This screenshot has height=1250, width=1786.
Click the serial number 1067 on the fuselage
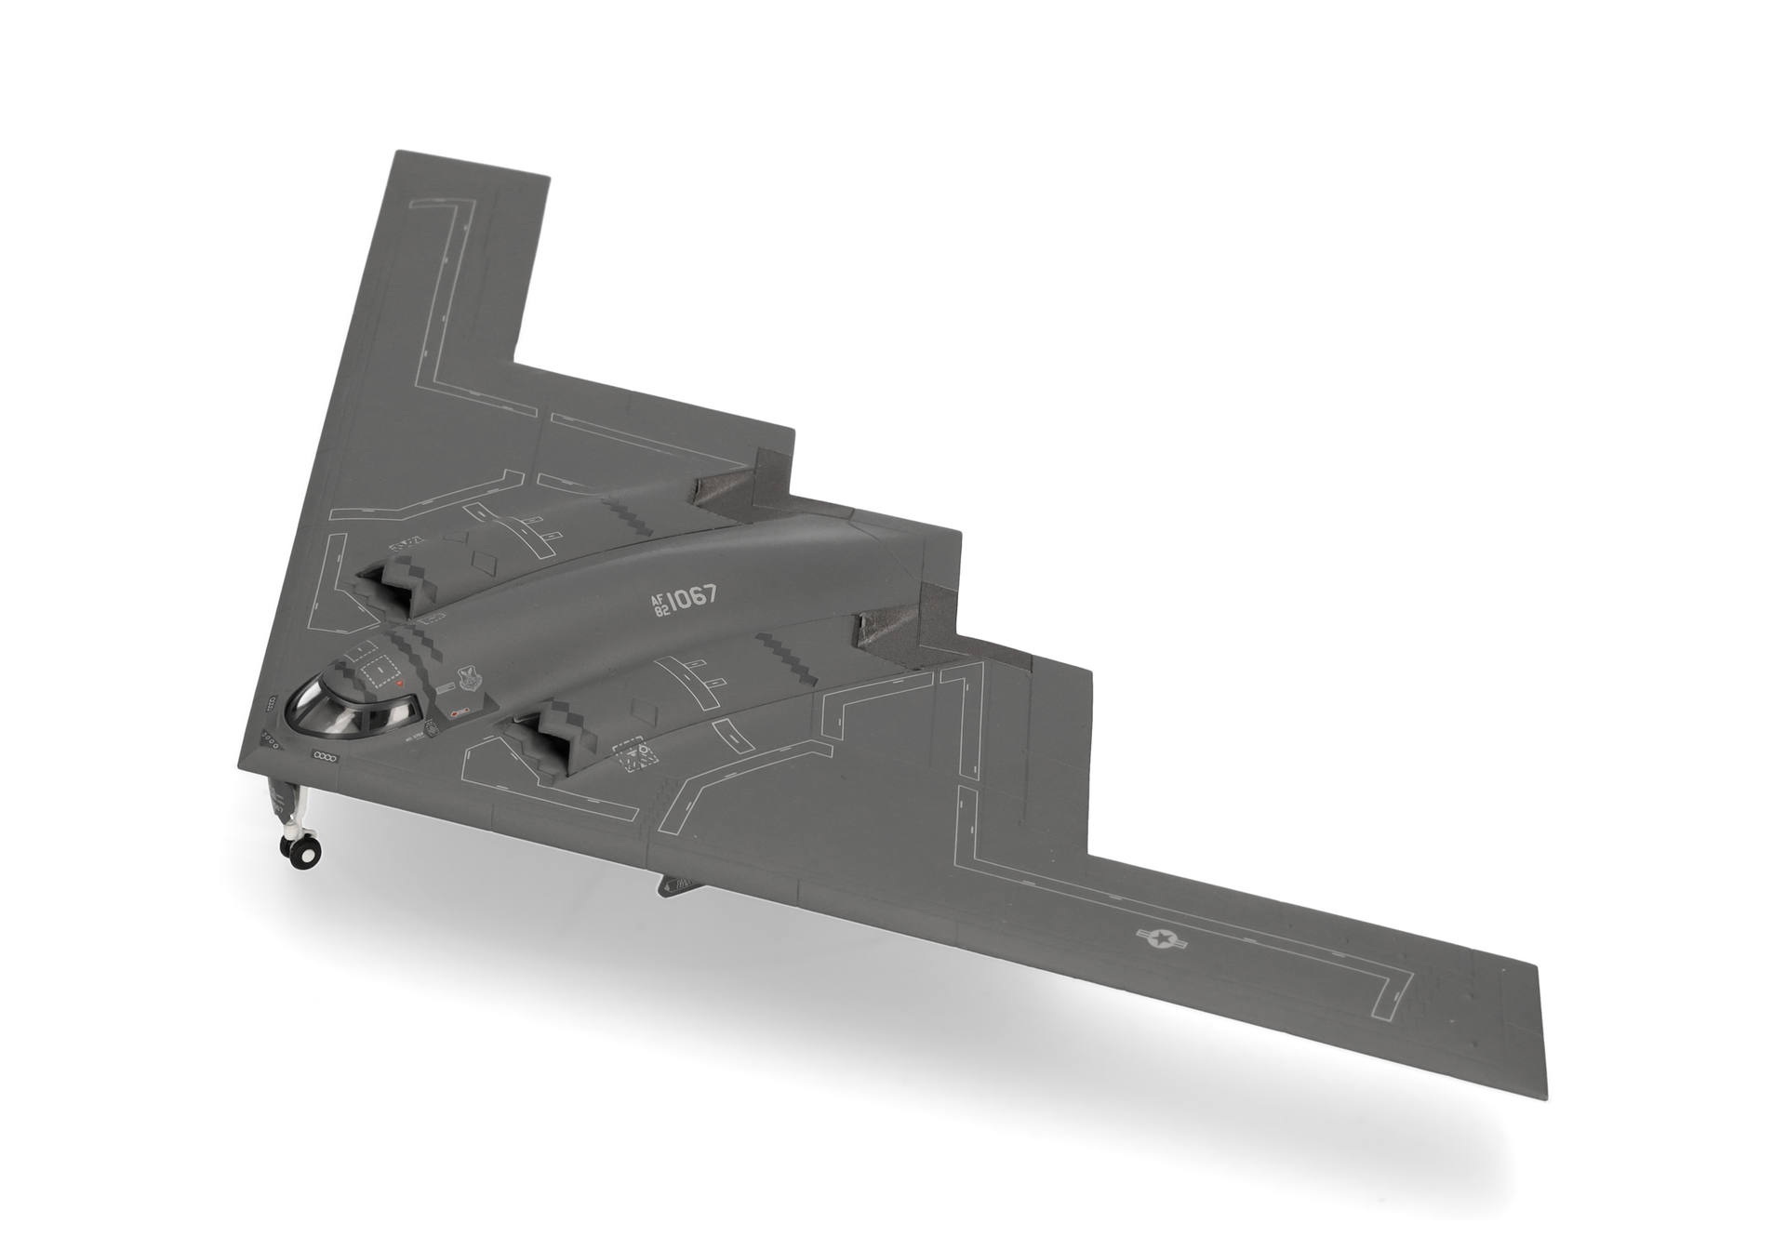point(692,597)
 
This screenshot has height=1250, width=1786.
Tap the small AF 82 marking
point(660,606)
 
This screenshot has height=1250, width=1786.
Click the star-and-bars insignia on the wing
point(1162,940)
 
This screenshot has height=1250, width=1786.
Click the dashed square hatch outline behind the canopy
point(379,669)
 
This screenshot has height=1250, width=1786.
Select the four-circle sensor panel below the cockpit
point(326,754)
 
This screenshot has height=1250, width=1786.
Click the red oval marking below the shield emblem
point(458,713)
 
